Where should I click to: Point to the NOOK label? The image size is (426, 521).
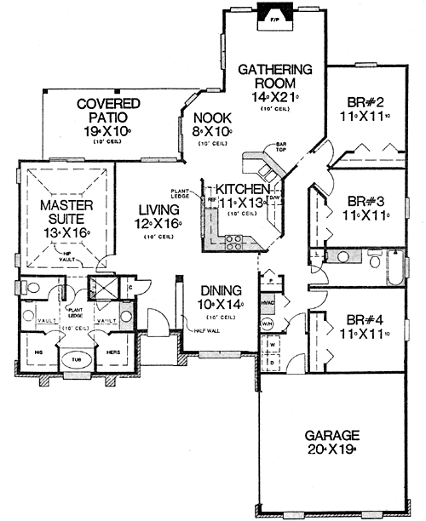click(x=207, y=119)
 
